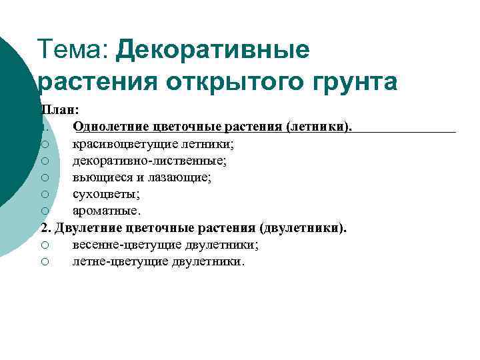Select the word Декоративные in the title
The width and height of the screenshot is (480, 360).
pos(213,51)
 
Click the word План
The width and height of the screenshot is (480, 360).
pos(58,109)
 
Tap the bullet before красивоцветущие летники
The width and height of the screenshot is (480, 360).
pos(44,143)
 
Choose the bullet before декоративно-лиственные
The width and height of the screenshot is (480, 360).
pos(44,161)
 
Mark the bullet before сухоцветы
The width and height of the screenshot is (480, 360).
pos(44,195)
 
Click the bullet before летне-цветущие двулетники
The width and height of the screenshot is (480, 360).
pos(44,262)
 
